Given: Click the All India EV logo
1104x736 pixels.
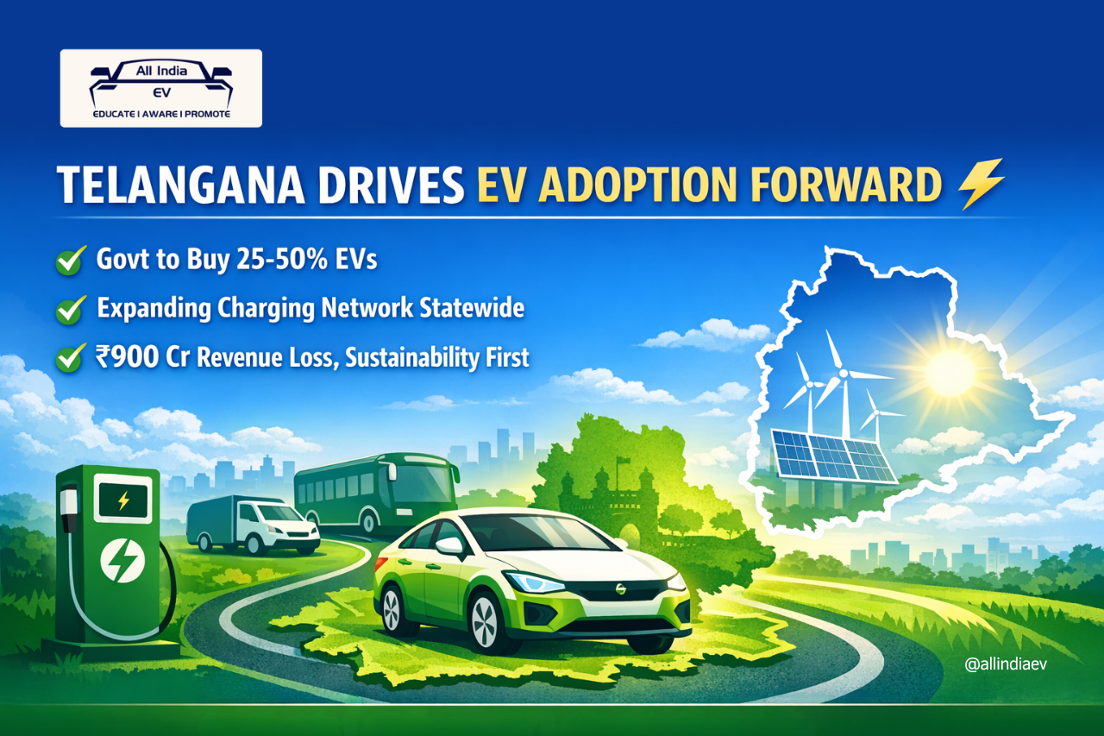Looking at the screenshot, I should point(160,88).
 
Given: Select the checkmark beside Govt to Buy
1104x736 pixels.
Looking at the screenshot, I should point(70,260).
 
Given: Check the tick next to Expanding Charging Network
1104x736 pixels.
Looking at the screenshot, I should point(70,309).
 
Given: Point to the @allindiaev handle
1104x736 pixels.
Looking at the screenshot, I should point(1007,664).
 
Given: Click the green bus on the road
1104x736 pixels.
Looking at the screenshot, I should point(376,494).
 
